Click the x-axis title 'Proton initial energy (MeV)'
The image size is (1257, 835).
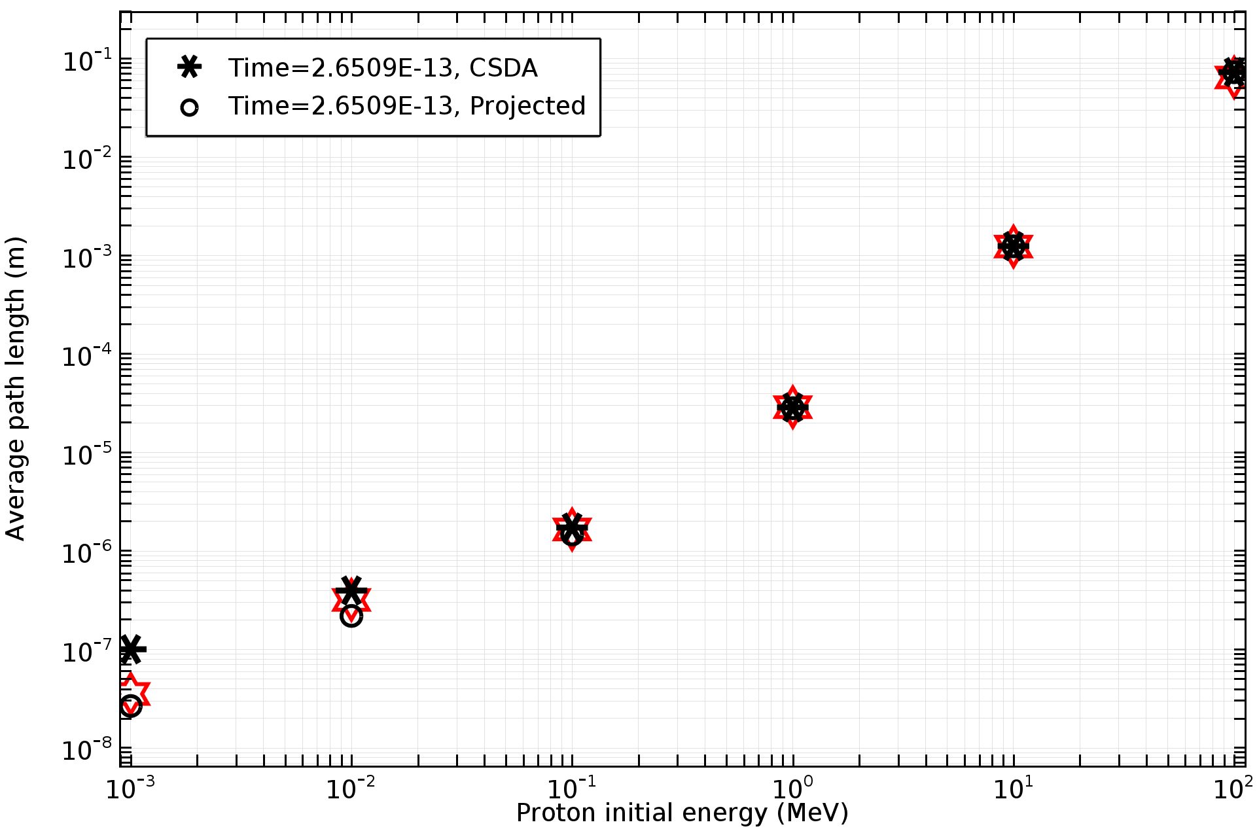(682, 813)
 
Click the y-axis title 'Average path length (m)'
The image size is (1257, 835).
(16, 389)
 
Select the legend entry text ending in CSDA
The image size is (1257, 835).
(383, 68)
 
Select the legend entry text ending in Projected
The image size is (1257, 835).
(406, 106)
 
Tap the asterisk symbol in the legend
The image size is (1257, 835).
(190, 67)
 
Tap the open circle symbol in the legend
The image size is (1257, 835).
(190, 107)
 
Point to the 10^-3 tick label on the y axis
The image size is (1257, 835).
(87, 257)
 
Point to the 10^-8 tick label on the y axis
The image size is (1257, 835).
(87, 749)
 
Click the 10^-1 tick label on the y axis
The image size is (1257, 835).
(87, 60)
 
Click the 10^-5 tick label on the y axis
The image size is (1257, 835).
(87, 453)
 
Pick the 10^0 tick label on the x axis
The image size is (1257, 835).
(792, 788)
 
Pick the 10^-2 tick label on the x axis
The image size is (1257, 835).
(351, 788)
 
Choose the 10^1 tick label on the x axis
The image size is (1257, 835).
(1013, 788)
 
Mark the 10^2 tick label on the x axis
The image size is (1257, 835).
(1233, 788)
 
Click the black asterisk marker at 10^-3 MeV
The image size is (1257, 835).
(132, 649)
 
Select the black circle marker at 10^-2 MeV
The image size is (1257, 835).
(351, 616)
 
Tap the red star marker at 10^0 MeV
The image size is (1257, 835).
(792, 408)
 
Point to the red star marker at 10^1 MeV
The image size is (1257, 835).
(1013, 247)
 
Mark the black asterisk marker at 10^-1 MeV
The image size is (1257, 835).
(572, 525)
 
